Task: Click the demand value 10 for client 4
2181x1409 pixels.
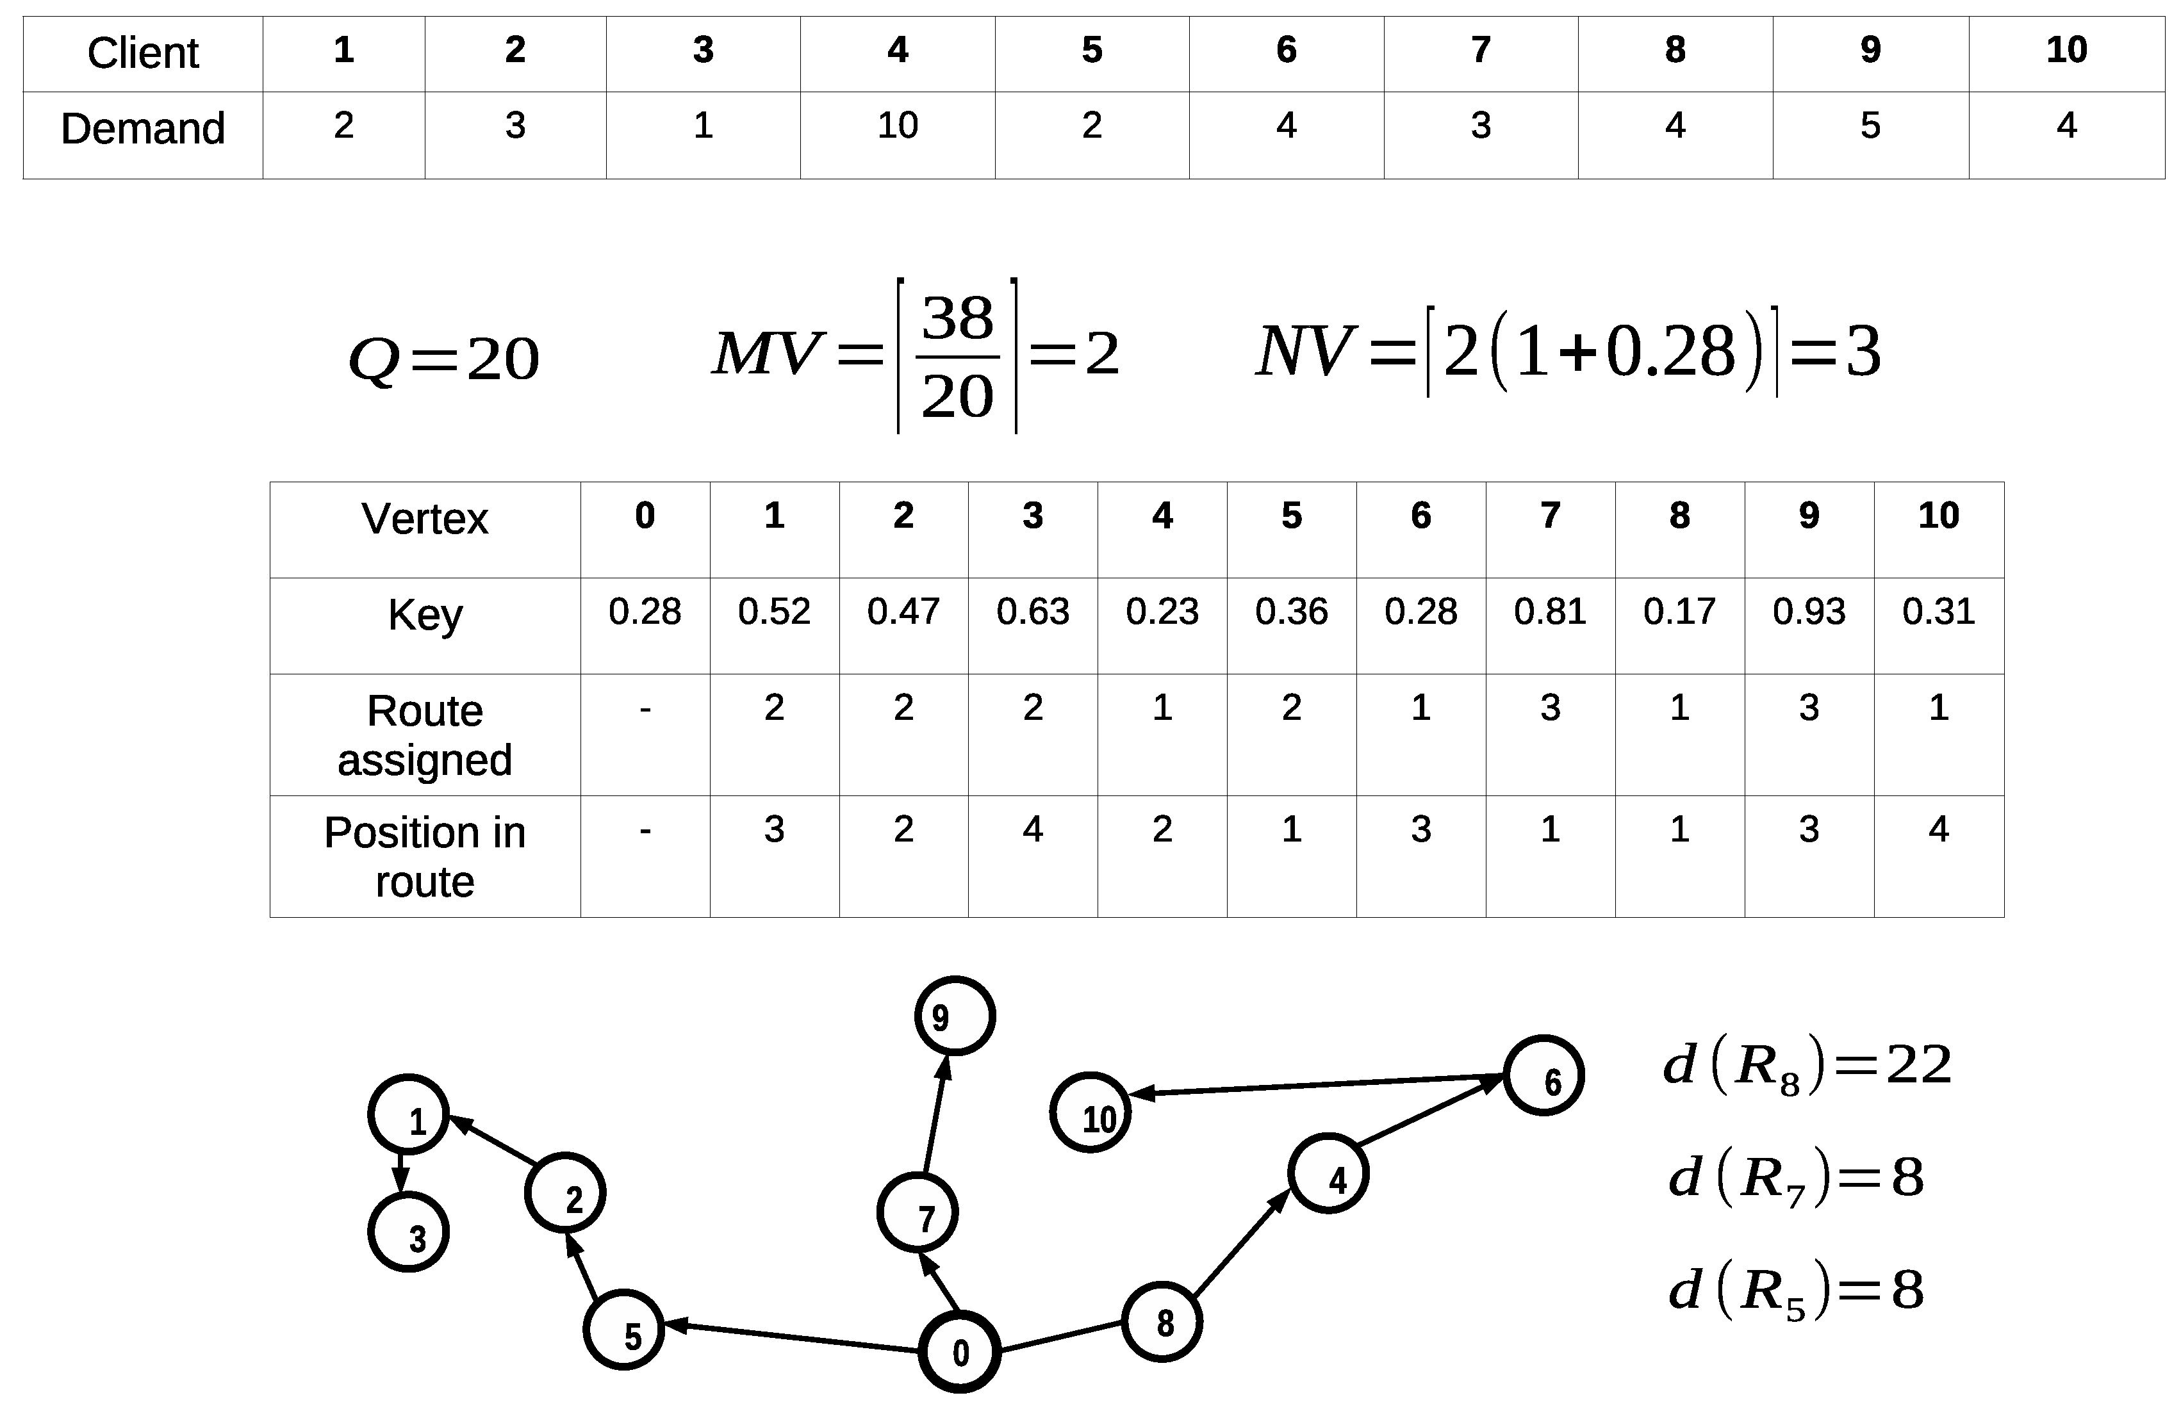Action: pyautogui.click(x=897, y=126)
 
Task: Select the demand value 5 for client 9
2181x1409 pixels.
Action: pyautogui.click(x=1870, y=126)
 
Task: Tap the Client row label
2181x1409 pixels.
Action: pyautogui.click(x=143, y=53)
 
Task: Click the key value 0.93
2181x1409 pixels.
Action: pyautogui.click(x=1809, y=611)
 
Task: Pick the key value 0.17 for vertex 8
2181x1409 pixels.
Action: pyautogui.click(x=1679, y=611)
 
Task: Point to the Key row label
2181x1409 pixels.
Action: pyautogui.click(x=425, y=615)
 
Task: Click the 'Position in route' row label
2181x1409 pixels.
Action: pyautogui.click(x=425, y=856)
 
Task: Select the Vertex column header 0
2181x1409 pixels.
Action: pyautogui.click(x=645, y=516)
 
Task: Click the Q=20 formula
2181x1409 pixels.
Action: pyautogui.click(x=444, y=359)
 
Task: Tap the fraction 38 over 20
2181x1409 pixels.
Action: pyautogui.click(x=957, y=357)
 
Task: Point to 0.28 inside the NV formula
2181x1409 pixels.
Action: pyautogui.click(x=1670, y=352)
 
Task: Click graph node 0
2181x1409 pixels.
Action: pyautogui.click(x=959, y=1352)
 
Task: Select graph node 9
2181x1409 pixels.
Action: pyautogui.click(x=955, y=1016)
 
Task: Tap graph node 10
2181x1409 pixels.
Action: pyautogui.click(x=1090, y=1112)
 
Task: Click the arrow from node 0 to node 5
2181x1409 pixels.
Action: pyautogui.click(x=792, y=1336)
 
